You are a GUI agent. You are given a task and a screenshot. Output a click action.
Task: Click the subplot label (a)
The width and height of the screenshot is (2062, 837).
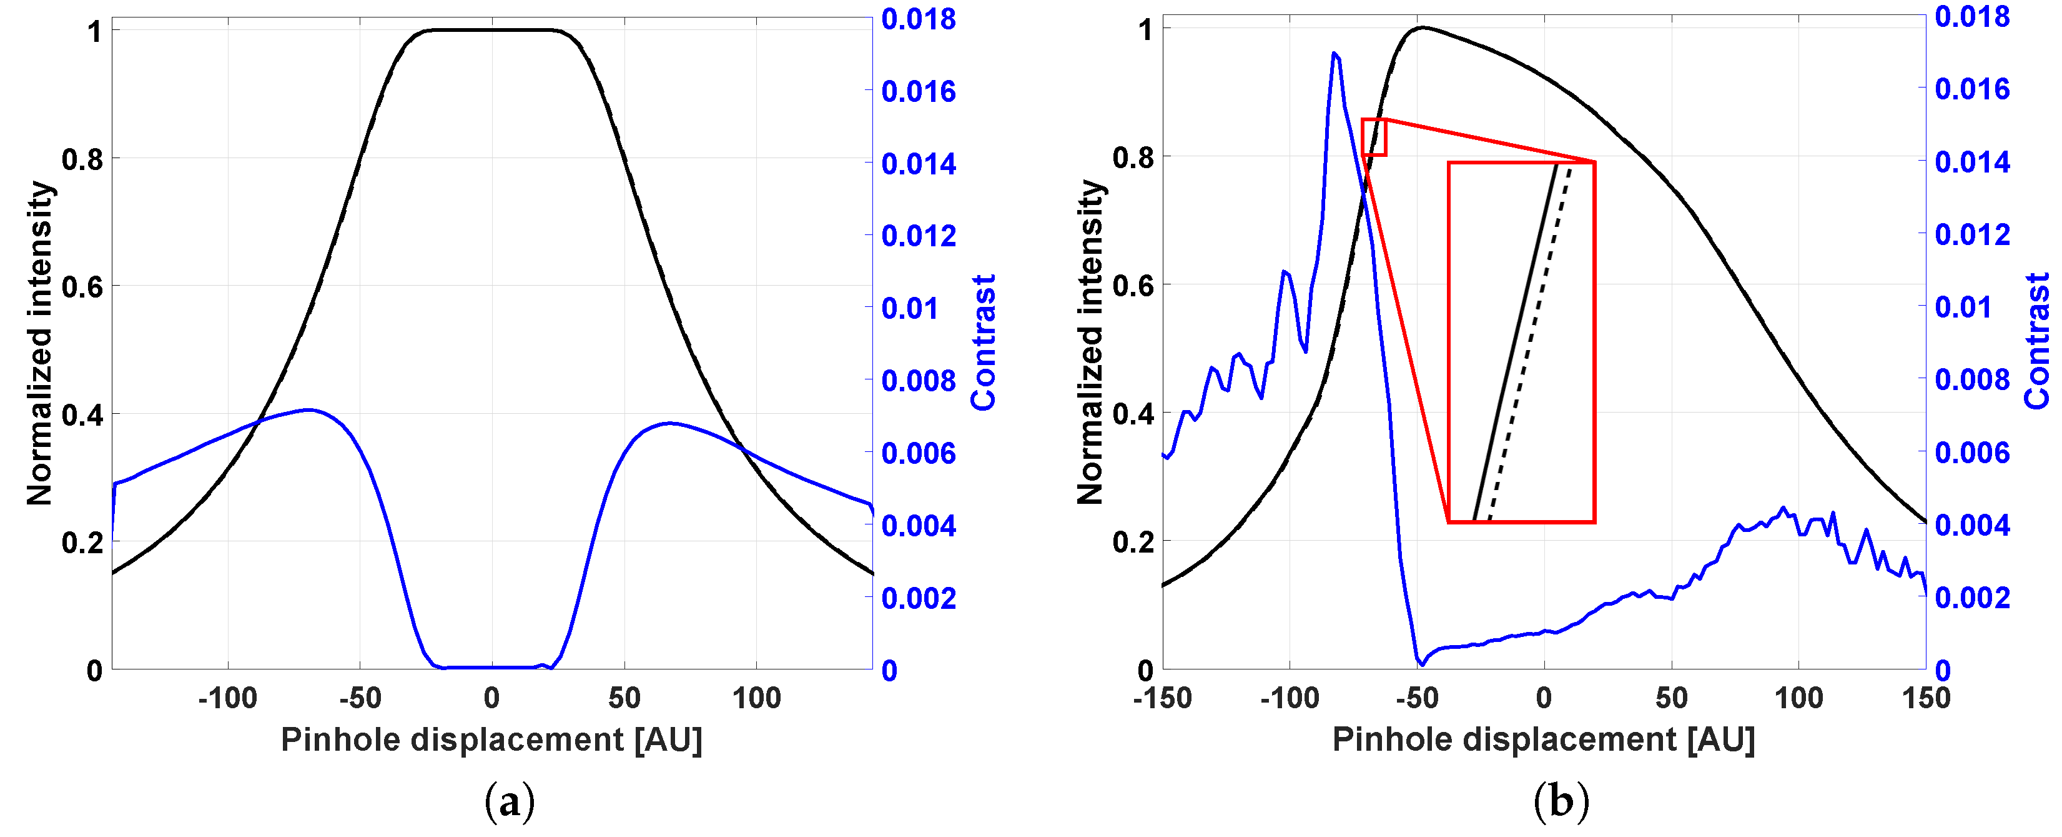click(510, 801)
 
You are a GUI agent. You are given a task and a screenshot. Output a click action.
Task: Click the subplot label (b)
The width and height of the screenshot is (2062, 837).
click(1561, 801)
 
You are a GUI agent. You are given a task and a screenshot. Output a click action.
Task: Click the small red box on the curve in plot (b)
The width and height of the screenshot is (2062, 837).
click(1374, 137)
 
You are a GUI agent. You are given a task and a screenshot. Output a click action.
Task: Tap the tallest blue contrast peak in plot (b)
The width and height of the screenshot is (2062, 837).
click(1334, 54)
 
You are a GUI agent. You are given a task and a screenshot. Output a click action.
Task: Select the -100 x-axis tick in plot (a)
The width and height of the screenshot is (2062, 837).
click(228, 698)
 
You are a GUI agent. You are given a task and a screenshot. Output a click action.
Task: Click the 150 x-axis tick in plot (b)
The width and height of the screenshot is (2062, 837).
click(1925, 698)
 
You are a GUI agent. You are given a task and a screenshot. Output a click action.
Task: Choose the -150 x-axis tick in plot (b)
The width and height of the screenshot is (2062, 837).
click(1162, 698)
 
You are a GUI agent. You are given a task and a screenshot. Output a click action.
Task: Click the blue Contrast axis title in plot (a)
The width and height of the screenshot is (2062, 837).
click(984, 343)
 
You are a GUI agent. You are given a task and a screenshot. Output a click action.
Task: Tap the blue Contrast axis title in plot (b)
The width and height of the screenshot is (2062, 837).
click(2037, 341)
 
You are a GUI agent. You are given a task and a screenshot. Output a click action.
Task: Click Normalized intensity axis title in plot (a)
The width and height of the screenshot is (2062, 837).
click(39, 343)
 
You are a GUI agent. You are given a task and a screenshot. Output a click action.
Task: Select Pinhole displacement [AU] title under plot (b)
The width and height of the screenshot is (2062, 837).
click(1543, 739)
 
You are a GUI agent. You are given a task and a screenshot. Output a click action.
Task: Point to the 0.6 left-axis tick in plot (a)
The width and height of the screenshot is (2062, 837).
click(82, 287)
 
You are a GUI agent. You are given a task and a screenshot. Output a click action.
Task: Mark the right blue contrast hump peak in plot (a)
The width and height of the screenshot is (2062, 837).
click(670, 423)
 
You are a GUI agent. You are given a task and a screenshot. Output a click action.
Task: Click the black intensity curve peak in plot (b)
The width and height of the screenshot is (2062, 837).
click(1423, 28)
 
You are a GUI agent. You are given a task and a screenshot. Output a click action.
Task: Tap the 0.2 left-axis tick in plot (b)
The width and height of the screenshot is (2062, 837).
click(1133, 542)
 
